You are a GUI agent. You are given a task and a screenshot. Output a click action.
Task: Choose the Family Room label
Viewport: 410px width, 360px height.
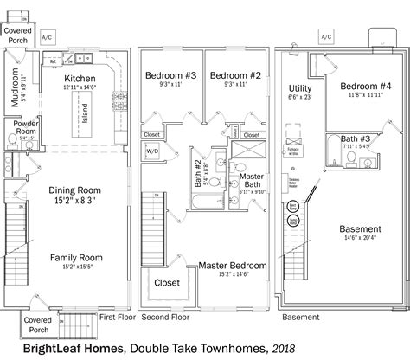tap(76, 257)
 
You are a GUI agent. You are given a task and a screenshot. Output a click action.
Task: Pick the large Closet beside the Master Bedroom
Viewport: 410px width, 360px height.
tap(167, 282)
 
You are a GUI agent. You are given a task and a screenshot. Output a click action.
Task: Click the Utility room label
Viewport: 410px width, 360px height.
tap(300, 88)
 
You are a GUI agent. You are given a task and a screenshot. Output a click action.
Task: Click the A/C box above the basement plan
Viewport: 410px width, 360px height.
tap(325, 38)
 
